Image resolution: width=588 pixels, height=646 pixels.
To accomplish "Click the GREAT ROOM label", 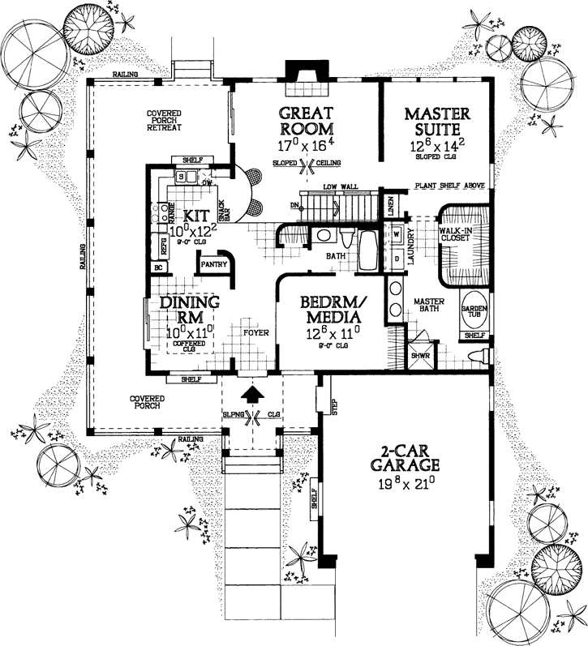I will pyautogui.click(x=306, y=121).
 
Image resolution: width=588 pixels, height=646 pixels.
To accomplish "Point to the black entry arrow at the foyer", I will pyautogui.click(x=254, y=395).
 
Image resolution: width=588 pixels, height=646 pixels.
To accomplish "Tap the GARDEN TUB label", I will pyautogui.click(x=474, y=313).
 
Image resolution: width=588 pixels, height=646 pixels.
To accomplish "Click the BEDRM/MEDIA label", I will pyautogui.click(x=333, y=309).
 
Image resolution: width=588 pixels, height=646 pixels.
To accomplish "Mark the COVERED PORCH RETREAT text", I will pyautogui.click(x=163, y=120).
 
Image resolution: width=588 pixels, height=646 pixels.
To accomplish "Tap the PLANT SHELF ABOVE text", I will pyautogui.click(x=450, y=186).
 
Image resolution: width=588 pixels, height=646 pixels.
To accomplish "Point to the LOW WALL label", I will pyautogui.click(x=341, y=187).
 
